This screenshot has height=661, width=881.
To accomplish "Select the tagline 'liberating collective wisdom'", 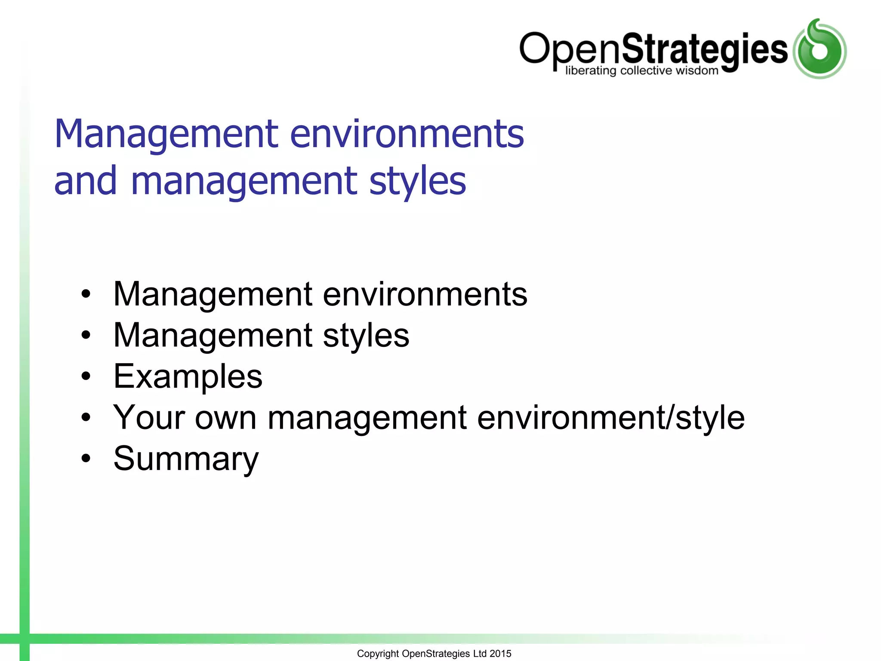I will coord(641,71).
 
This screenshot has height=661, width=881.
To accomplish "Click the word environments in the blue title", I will coord(407,134).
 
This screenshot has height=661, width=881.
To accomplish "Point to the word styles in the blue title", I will coord(417,181).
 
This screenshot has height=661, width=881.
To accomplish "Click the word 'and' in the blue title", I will coord(86,181).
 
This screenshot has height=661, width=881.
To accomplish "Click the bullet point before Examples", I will coord(86,377).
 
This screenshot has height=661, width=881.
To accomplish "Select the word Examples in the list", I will coord(188,377).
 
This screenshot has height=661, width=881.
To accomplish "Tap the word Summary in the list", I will coord(186,459).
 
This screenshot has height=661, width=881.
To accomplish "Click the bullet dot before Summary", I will coord(86,459).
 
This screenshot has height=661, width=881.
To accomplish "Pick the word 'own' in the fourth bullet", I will coord(225,418).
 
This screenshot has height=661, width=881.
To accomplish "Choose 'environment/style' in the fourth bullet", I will coord(610,418).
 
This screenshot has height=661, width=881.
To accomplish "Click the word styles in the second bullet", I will coord(366,336).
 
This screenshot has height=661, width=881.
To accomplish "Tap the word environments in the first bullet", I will coord(425,294).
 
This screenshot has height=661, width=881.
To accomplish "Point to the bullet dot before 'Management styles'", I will coord(86,336).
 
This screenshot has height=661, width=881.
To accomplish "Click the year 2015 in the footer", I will coord(500,654).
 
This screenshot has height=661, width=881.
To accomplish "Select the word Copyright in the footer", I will coord(378,654).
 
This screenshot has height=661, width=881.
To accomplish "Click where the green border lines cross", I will coord(25,639).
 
